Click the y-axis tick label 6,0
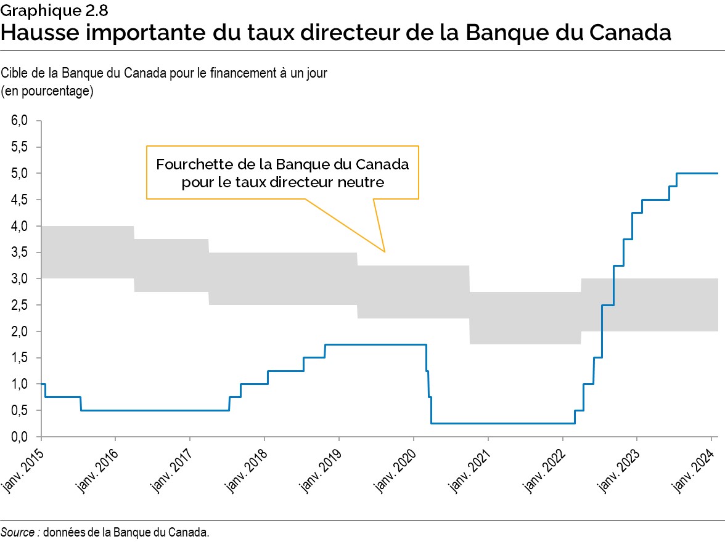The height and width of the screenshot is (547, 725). pos(19,121)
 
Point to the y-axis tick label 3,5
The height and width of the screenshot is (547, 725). pos(19,253)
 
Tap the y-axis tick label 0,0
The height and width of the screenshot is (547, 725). pos(19,437)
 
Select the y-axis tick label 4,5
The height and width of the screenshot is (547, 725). pos(19,200)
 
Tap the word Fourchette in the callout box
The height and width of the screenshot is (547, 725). pos(188,165)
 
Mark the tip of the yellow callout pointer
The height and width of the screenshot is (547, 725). pos(385,252)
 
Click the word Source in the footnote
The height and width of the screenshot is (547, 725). pos(17,533)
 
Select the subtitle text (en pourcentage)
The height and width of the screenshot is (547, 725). pos(47,91)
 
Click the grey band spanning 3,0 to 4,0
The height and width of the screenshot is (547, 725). pos(86,252)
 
